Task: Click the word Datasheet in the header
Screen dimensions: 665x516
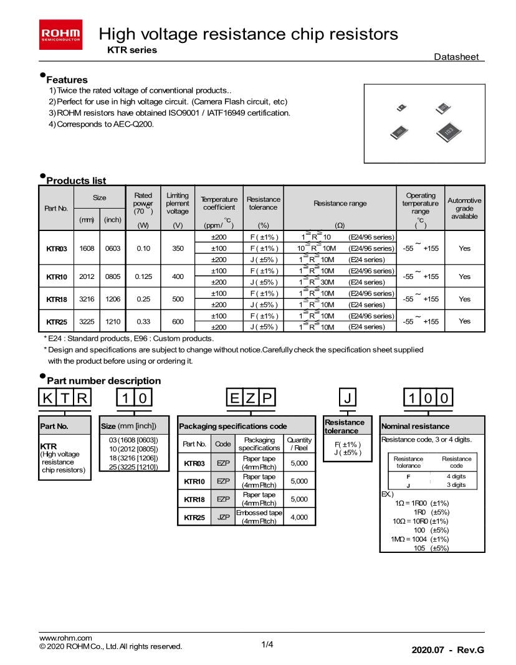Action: coord(456,57)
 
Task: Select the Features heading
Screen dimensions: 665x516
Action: coord(67,80)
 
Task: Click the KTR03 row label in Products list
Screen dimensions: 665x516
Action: coord(56,248)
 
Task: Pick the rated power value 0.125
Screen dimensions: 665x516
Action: coord(143,276)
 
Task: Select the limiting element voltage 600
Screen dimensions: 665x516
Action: coord(178,321)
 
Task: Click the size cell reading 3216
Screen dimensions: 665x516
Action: coord(87,299)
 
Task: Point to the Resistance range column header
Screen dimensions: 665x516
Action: coord(340,204)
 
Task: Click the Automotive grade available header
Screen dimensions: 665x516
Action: coord(464,208)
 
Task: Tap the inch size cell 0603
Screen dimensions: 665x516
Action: coord(113,248)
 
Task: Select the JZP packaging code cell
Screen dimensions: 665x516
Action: coord(222,517)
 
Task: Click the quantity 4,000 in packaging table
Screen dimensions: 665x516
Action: coord(299,517)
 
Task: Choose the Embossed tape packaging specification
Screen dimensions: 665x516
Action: coord(259,517)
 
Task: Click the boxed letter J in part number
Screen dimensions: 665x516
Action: coord(348,397)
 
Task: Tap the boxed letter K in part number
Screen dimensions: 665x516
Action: coord(48,397)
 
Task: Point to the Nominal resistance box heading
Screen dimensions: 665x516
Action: coord(415,427)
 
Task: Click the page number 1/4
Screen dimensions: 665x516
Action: coord(267,644)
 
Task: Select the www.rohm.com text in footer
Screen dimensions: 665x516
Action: coord(65,638)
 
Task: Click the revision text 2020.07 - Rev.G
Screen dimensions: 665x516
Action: coord(447,650)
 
